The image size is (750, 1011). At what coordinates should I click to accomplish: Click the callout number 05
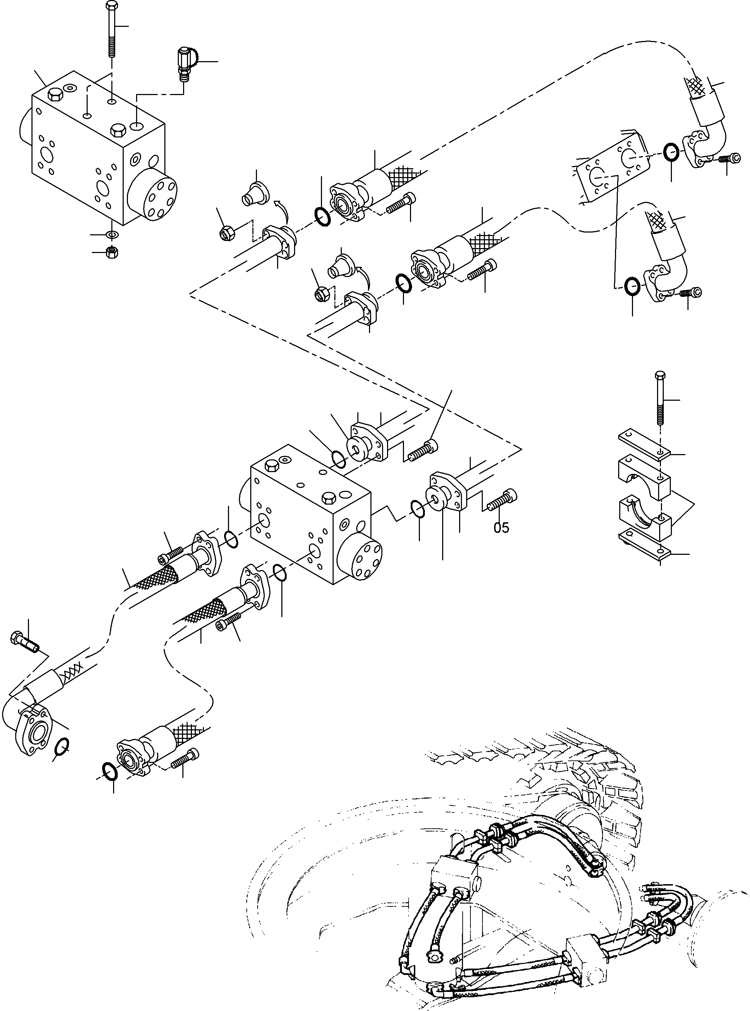coord(501,528)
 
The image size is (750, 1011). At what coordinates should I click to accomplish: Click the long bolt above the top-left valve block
coord(111,32)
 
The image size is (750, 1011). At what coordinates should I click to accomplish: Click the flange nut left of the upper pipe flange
coord(226,233)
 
